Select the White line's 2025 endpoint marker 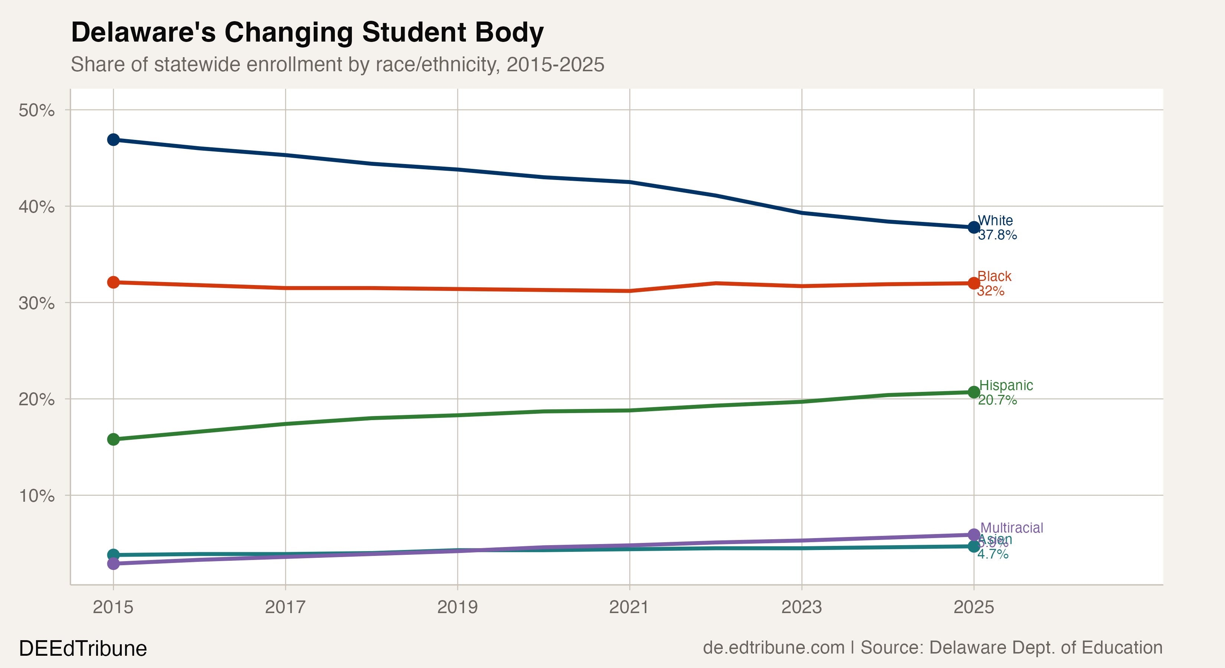(973, 227)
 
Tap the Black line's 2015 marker (113, 282)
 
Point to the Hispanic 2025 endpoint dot (973, 392)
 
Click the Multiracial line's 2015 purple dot (113, 563)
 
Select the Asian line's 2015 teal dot (113, 554)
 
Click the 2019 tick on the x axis (457, 607)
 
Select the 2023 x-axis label (801, 607)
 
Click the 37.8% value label (997, 235)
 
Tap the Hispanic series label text (1006, 385)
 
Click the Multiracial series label (1012, 528)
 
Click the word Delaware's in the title (143, 32)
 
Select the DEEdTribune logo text (83, 648)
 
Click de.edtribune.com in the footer (773, 648)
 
